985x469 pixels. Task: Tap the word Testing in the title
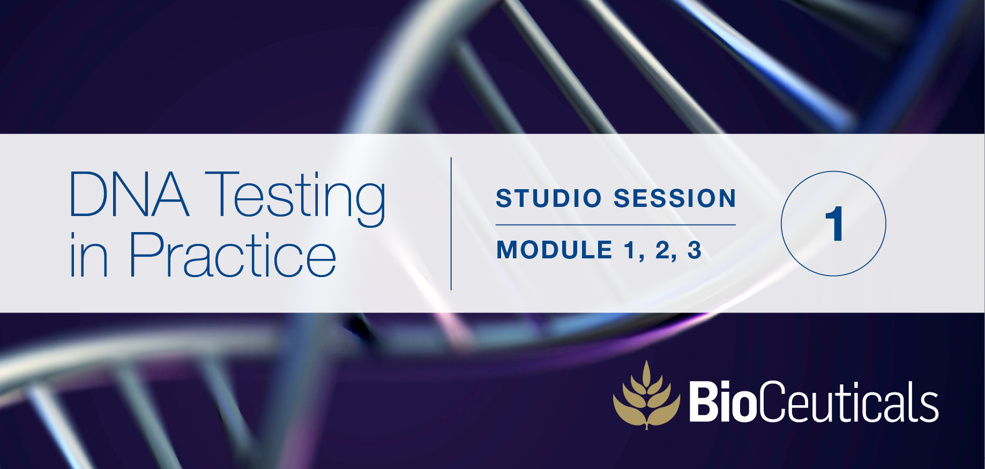pyautogui.click(x=295, y=198)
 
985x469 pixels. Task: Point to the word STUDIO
pyautogui.click(x=549, y=198)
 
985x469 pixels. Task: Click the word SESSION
pyautogui.click(x=675, y=198)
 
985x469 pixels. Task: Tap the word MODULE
pyautogui.click(x=554, y=250)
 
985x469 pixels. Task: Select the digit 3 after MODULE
pyautogui.click(x=695, y=250)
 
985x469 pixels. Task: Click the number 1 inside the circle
pyautogui.click(x=834, y=224)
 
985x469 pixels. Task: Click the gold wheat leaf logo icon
pyautogui.click(x=646, y=395)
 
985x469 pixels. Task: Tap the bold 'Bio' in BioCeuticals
pyautogui.click(x=722, y=401)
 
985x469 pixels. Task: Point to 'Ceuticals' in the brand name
pyautogui.click(x=847, y=401)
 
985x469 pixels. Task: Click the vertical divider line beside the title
pyautogui.click(x=451, y=224)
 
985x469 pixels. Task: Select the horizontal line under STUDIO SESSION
pyautogui.click(x=616, y=225)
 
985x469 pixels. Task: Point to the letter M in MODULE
pyautogui.click(x=509, y=250)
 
